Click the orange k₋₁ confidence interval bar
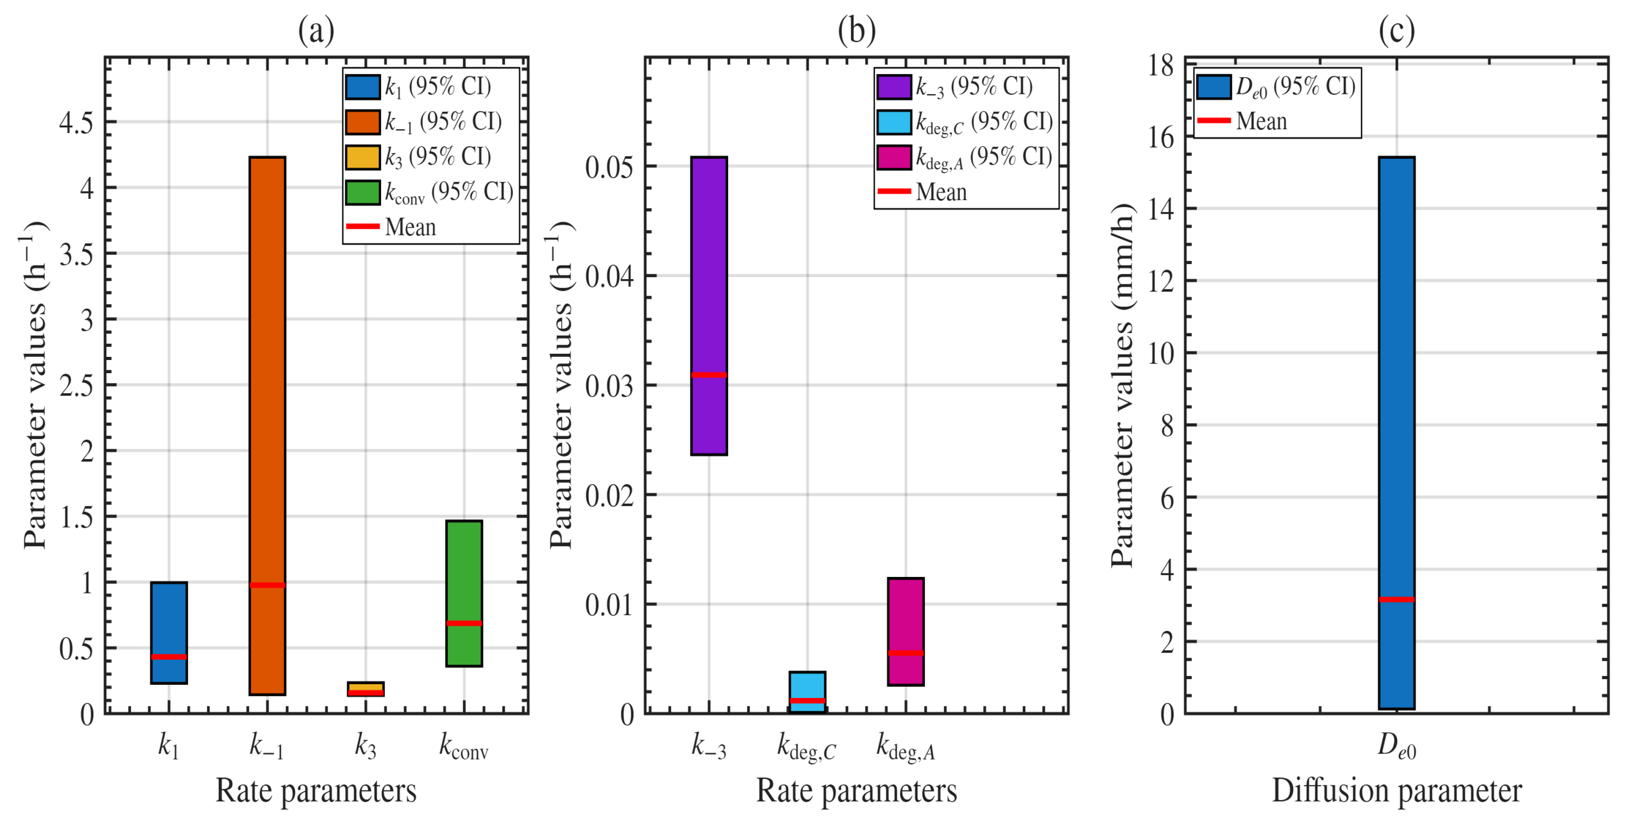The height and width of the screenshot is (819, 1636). (x=267, y=425)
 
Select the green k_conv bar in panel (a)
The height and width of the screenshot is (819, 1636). (x=464, y=593)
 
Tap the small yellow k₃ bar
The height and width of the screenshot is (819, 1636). (x=366, y=689)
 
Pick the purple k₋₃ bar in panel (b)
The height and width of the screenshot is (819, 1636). (x=709, y=306)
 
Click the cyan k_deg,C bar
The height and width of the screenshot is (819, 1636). (x=808, y=692)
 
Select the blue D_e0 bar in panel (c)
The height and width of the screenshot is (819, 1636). (x=1397, y=432)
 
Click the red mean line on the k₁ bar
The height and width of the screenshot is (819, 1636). (x=169, y=657)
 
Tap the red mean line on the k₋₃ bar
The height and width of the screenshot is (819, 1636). (x=709, y=374)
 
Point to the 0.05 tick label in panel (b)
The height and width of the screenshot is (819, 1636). (x=610, y=167)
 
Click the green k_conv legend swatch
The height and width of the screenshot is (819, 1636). (x=363, y=192)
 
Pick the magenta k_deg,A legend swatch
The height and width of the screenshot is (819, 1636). (x=894, y=157)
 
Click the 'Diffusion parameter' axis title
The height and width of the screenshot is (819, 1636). (x=1397, y=791)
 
